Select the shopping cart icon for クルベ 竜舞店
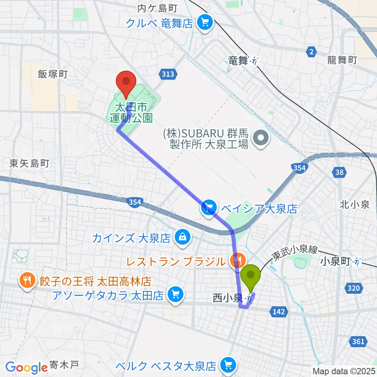pyautogui.click(x=204, y=22)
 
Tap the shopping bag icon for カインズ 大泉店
pyautogui.click(x=182, y=238)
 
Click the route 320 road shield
pyautogui.click(x=354, y=289)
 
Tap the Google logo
pyautogui.click(x=26, y=367)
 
